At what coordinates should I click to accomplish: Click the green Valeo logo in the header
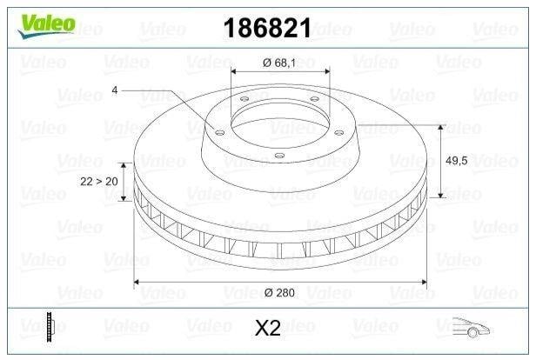tap(46, 25)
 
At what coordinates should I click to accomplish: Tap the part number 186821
tap(267, 28)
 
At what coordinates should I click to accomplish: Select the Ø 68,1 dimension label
tap(279, 63)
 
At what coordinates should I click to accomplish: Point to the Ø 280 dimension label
tap(279, 293)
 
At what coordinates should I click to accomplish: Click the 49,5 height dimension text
tap(456, 161)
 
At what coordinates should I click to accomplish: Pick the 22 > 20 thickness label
tap(99, 182)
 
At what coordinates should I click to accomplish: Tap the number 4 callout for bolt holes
tap(115, 90)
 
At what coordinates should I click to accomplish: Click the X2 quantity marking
tap(268, 328)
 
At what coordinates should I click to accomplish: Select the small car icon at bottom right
tap(471, 328)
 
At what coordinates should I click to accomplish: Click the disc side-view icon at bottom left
tap(50, 327)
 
